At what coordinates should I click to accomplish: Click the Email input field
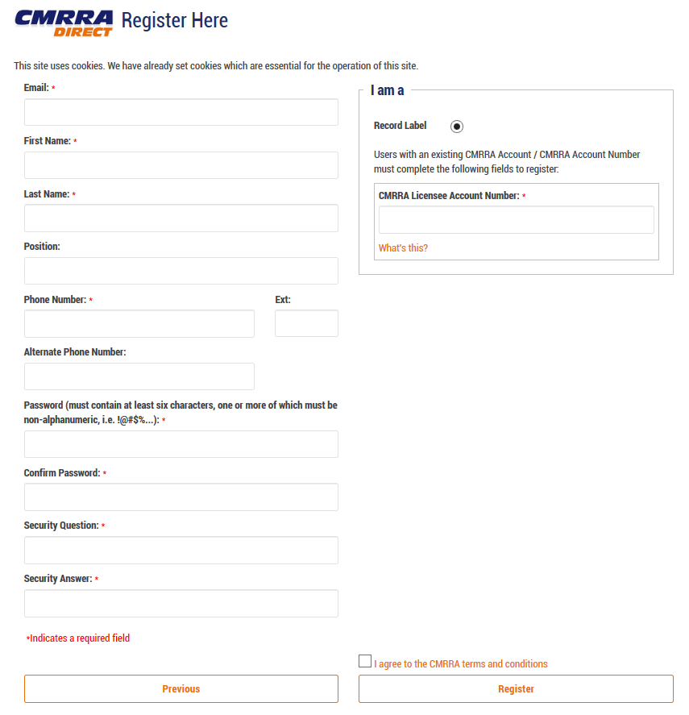pyautogui.click(x=181, y=112)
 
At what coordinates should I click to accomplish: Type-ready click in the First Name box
pyautogui.click(x=181, y=165)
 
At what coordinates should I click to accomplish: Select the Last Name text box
pyautogui.click(x=181, y=218)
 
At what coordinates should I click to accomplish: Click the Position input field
pyautogui.click(x=181, y=271)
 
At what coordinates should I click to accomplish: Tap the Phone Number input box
pyautogui.click(x=139, y=323)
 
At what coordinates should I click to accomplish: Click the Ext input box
pyautogui.click(x=306, y=323)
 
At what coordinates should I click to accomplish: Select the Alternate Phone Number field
pyautogui.click(x=139, y=376)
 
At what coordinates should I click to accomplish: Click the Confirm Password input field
pyautogui.click(x=181, y=497)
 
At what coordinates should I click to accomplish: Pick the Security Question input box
pyautogui.click(x=181, y=551)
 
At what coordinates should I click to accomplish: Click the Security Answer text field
pyautogui.click(x=181, y=603)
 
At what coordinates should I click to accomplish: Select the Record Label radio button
pyautogui.click(x=457, y=127)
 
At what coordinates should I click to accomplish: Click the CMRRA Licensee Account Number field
pyautogui.click(x=516, y=220)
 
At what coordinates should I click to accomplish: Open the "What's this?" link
pyautogui.click(x=403, y=248)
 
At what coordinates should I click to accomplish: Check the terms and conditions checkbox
pyautogui.click(x=365, y=662)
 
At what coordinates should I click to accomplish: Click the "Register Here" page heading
pyautogui.click(x=174, y=20)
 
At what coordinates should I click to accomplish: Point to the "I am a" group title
pyautogui.click(x=388, y=90)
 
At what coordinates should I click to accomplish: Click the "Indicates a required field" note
pyautogui.click(x=78, y=638)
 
